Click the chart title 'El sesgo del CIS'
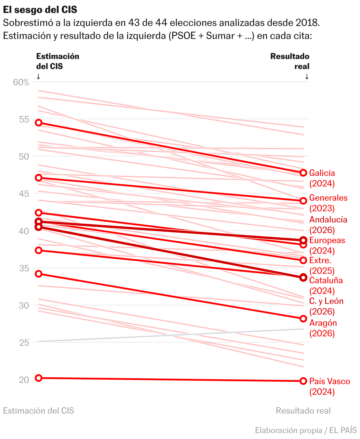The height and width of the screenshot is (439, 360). click(40, 9)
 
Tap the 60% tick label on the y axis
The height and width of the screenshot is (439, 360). click(21, 82)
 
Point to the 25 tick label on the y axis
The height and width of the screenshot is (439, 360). click(24, 343)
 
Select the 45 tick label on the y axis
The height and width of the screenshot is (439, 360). click(24, 194)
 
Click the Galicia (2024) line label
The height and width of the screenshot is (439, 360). click(322, 178)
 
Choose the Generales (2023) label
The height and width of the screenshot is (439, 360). click(328, 203)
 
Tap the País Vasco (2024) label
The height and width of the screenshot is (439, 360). click(330, 386)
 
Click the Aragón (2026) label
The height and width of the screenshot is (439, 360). click(323, 328)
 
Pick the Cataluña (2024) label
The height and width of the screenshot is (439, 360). click(326, 286)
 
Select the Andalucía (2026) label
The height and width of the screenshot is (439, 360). click(328, 225)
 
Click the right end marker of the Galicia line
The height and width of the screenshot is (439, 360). click(303, 173)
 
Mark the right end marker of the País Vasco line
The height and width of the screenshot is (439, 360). click(303, 381)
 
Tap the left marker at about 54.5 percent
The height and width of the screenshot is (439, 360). click(39, 123)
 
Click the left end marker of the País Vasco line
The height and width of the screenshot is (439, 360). click(39, 378)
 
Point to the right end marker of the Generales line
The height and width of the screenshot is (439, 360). click(303, 201)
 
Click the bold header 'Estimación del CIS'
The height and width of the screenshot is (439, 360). click(58, 61)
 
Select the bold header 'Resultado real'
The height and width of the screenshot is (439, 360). click(290, 61)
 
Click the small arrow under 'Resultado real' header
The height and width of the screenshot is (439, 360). click(307, 76)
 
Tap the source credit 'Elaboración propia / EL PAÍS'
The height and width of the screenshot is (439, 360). click(306, 430)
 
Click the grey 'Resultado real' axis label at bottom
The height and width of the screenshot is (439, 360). click(303, 411)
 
